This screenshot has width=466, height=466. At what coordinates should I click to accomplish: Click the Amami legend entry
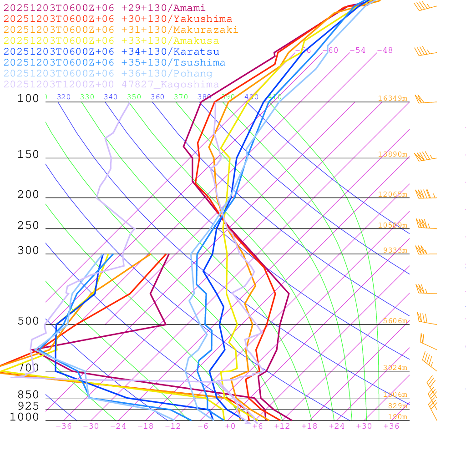pyautogui.click(x=104, y=8)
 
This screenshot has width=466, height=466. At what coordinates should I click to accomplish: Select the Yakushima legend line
pyautogui.click(x=117, y=19)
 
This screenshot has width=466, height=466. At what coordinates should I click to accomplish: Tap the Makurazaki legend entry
pyautogui.click(x=121, y=30)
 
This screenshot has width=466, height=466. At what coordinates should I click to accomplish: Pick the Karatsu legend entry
pyautogui.click(x=111, y=52)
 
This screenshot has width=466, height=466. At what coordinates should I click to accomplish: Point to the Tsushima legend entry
pyautogui.click(x=114, y=63)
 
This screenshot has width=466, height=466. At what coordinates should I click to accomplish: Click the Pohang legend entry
pyautogui.click(x=108, y=74)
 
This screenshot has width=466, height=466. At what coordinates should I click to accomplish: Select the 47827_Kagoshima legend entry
pyautogui.click(x=111, y=85)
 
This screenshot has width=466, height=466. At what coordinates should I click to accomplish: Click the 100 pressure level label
pyautogui.click(x=28, y=98)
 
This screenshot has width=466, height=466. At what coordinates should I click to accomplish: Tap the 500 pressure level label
pyautogui.click(x=28, y=321)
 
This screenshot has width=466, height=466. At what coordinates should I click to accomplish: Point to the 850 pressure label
pyautogui.click(x=28, y=395)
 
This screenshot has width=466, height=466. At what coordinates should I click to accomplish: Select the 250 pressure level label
pyautogui.click(x=28, y=226)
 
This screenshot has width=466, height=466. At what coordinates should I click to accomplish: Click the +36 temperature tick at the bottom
pyautogui.click(x=391, y=426)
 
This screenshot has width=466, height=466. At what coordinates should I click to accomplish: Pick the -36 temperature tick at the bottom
pyautogui.click(x=64, y=426)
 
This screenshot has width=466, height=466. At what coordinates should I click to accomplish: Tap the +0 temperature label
pyautogui.click(x=230, y=426)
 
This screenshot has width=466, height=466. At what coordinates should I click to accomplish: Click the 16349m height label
pyautogui.click(x=392, y=98)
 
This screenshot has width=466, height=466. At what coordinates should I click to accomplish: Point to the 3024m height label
pyautogui.click(x=395, y=368)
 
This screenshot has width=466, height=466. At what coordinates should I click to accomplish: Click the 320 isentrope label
pyautogui.click(x=64, y=97)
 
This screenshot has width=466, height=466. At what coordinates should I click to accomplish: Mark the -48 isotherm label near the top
pyautogui.click(x=385, y=50)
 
